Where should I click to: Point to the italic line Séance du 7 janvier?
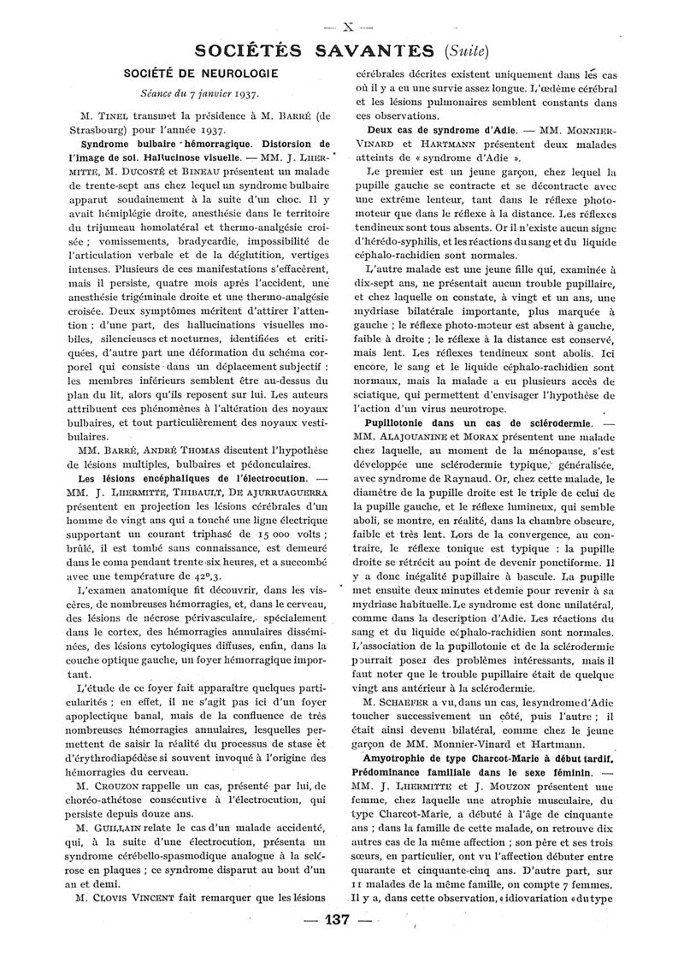pyautogui.click(x=192, y=94)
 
